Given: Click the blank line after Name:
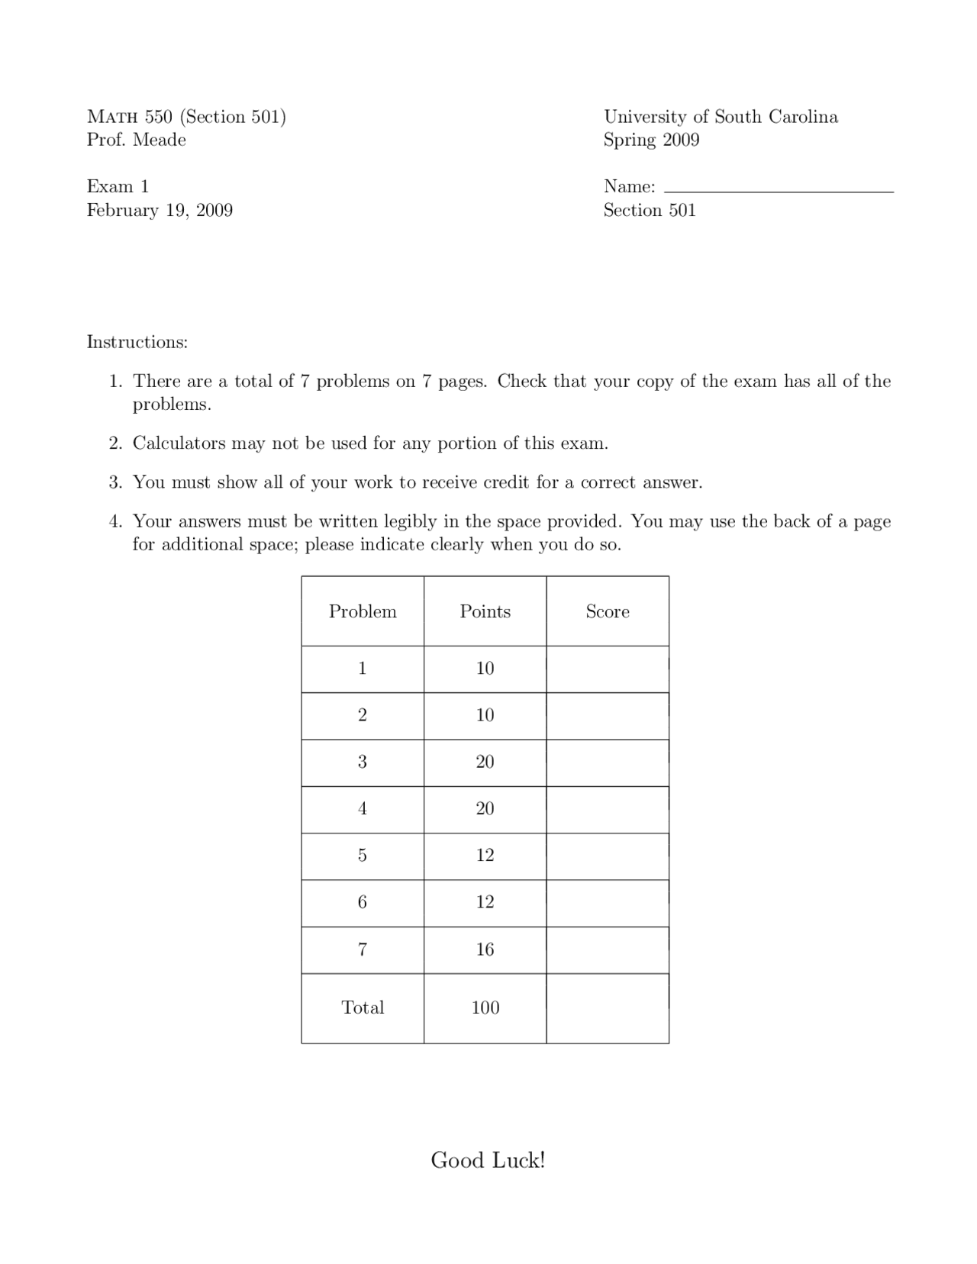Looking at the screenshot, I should (779, 187).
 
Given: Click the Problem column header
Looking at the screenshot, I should (363, 611).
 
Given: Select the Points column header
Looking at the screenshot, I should (485, 611).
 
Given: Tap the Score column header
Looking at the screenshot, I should (608, 611).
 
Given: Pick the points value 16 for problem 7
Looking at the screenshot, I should (485, 950).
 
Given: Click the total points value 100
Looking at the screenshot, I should (485, 1008).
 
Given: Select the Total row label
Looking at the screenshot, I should (363, 1008).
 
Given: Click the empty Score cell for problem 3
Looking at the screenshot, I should (608, 763).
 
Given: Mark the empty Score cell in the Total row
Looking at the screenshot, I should (608, 1008).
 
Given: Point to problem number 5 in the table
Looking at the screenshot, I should (363, 856).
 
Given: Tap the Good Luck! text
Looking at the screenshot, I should (488, 1160).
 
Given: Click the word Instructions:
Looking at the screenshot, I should (137, 342).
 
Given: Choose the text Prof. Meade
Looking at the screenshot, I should (137, 140).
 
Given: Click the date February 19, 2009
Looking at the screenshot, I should (160, 211).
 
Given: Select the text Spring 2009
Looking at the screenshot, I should (651, 140).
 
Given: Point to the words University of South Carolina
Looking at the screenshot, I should (721, 117).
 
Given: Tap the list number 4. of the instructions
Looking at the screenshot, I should (115, 522).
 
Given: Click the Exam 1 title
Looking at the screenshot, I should (118, 187).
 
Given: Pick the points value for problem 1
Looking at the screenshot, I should (485, 669).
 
